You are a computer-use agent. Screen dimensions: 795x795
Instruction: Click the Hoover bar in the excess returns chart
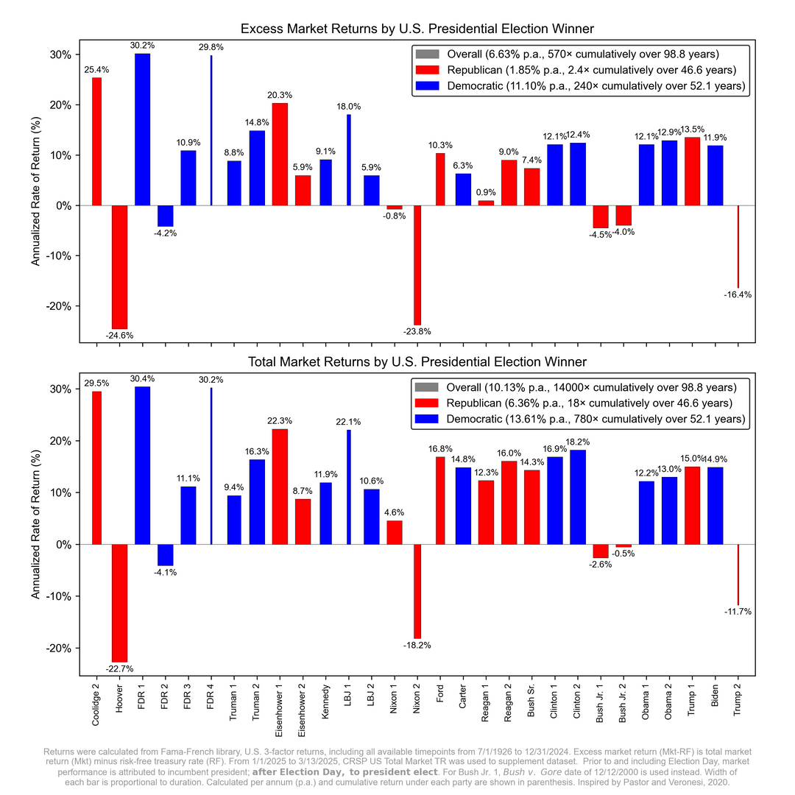coord(119,266)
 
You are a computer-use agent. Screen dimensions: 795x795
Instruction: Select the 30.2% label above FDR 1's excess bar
coord(143,44)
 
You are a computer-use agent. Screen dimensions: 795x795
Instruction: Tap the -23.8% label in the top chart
coord(417,332)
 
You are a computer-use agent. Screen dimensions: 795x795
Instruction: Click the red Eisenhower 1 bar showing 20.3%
coord(280,154)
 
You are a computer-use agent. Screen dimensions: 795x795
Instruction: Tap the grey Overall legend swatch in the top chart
coord(426,54)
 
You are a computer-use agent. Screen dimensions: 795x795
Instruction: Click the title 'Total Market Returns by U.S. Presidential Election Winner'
coord(417,362)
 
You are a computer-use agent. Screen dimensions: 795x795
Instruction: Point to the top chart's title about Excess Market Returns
coord(417,29)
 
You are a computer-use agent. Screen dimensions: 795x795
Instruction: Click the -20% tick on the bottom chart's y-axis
coord(60,649)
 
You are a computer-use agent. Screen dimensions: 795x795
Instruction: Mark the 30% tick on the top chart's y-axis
coord(60,54)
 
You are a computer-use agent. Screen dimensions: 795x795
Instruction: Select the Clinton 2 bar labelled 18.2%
coord(578,497)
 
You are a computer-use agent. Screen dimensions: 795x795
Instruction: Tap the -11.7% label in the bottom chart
coord(737,612)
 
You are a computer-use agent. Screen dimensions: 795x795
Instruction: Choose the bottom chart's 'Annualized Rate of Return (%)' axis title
coord(36,523)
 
